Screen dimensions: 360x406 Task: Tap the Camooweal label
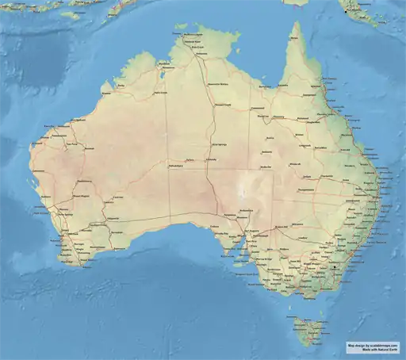click(258, 108)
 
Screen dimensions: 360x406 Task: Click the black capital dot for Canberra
click(337, 267)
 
